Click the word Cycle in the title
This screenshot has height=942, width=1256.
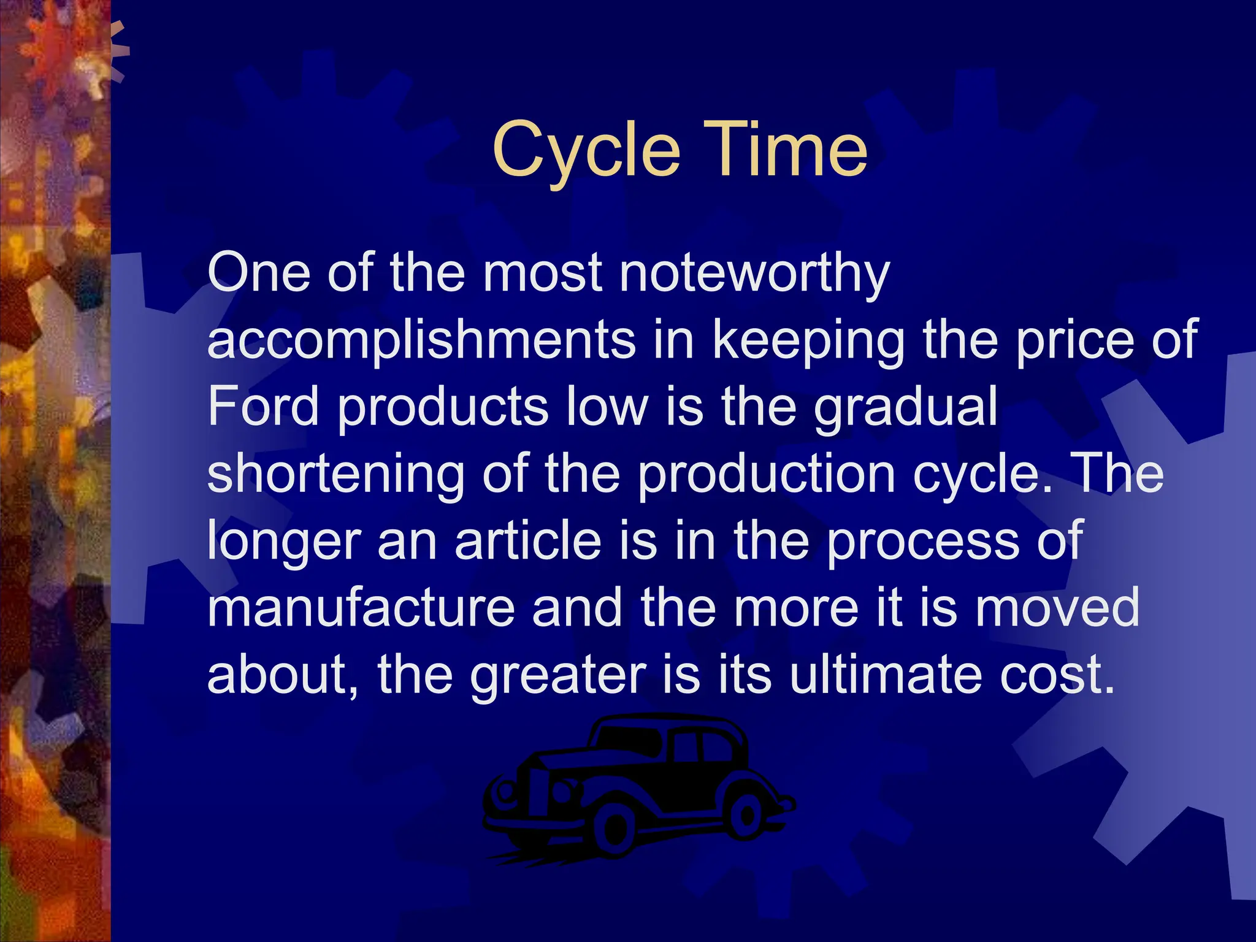(586, 150)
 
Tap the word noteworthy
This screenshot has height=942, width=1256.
(754, 274)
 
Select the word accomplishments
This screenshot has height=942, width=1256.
(421, 340)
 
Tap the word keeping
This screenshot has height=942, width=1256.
(808, 341)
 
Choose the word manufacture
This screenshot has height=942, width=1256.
(361, 607)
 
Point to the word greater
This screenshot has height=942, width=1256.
(557, 675)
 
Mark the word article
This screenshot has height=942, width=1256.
(527, 540)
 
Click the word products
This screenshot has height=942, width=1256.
(442, 408)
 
